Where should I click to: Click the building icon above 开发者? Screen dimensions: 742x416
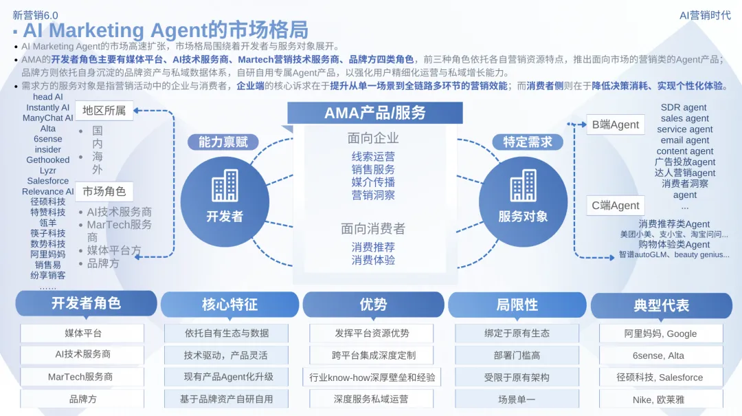pyautogui.click(x=225, y=185)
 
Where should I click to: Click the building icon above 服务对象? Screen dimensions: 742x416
pyautogui.click(x=524, y=185)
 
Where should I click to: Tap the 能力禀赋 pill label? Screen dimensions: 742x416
pyautogui.click(x=223, y=142)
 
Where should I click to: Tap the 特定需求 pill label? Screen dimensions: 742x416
pyautogui.click(x=528, y=142)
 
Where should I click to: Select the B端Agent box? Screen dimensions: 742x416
pyautogui.click(x=616, y=125)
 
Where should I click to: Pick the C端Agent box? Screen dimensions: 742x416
pyautogui.click(x=616, y=205)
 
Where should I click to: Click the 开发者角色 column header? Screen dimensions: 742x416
pyautogui.click(x=86, y=303)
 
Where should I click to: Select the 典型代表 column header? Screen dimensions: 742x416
pyautogui.click(x=661, y=305)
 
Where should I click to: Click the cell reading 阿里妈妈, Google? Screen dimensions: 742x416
pyautogui.click(x=660, y=333)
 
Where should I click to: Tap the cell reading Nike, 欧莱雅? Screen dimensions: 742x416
pyautogui.click(x=660, y=399)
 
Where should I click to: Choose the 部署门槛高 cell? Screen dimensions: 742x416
pyautogui.click(x=517, y=355)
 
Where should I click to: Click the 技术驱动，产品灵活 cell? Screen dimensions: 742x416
pyautogui.click(x=226, y=355)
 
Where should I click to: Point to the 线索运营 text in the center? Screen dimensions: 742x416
pyautogui.click(x=373, y=156)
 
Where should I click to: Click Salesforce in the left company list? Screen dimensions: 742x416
pyautogui.click(x=48, y=181)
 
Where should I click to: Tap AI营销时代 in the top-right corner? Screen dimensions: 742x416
pyautogui.click(x=705, y=15)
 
